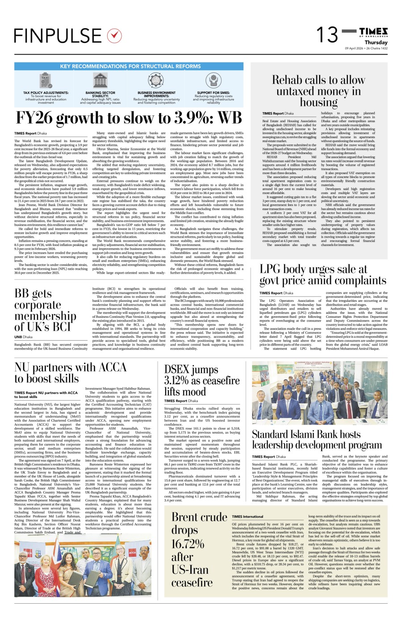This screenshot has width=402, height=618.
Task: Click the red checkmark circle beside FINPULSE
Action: [x=114, y=35]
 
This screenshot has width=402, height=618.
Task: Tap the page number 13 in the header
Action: [x=327, y=35]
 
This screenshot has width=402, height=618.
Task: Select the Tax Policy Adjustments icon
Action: [x=46, y=81]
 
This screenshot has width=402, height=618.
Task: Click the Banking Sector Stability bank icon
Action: [x=100, y=81]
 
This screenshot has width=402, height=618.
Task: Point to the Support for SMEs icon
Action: [x=214, y=81]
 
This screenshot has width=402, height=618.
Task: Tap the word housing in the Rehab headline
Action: [x=318, y=102]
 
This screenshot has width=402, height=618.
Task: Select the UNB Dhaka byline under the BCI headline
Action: [x=24, y=337]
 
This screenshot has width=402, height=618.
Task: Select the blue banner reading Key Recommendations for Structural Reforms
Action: [x=129, y=66]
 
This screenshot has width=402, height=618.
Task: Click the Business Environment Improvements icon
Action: [x=157, y=81]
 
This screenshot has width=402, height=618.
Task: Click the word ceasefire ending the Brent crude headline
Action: [x=192, y=582]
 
